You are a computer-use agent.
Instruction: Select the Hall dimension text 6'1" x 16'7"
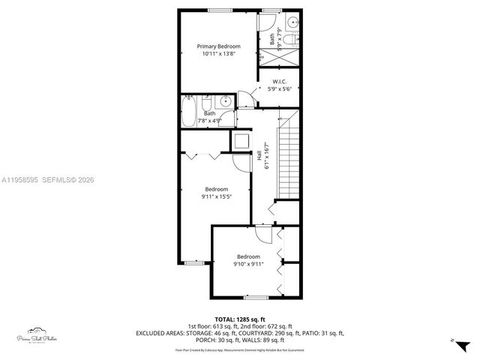point(267,157)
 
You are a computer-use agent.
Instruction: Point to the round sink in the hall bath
point(225,103)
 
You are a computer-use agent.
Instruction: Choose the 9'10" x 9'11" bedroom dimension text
point(248,264)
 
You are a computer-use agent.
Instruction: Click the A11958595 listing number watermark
point(22,179)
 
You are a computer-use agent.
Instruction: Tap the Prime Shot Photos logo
point(36,335)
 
